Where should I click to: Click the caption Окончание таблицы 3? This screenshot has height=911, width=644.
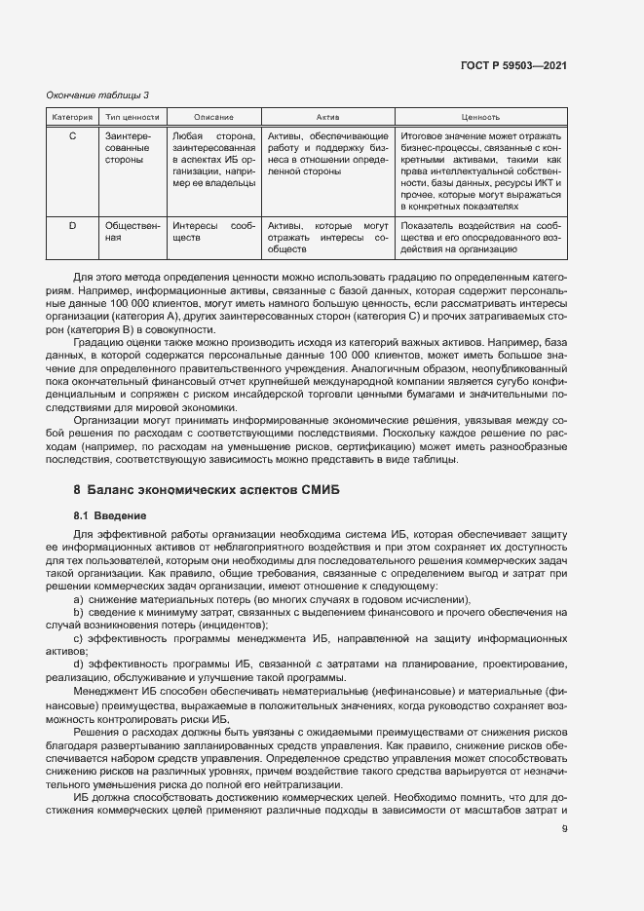coord(98,95)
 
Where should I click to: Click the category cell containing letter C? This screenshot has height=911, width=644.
coord(72,135)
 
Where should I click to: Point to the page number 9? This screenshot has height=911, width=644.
coord(564,829)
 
